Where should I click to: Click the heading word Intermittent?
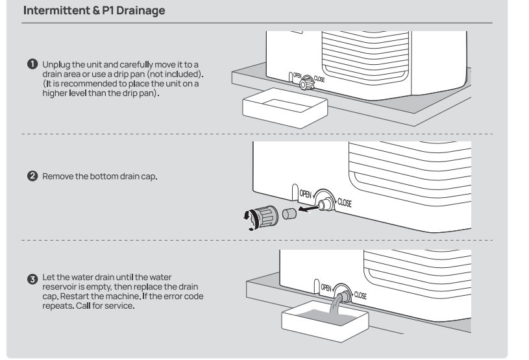point(51,12)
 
